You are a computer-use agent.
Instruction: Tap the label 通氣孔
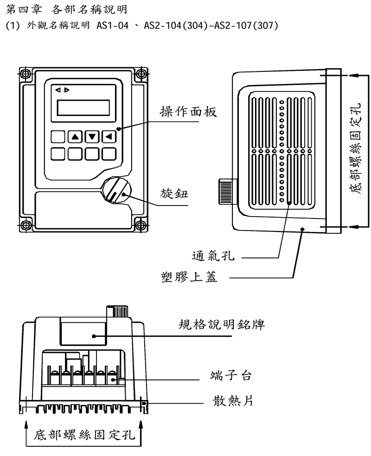click(x=213, y=256)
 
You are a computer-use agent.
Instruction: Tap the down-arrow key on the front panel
click(x=93, y=137)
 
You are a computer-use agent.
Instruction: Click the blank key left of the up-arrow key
click(x=58, y=137)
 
